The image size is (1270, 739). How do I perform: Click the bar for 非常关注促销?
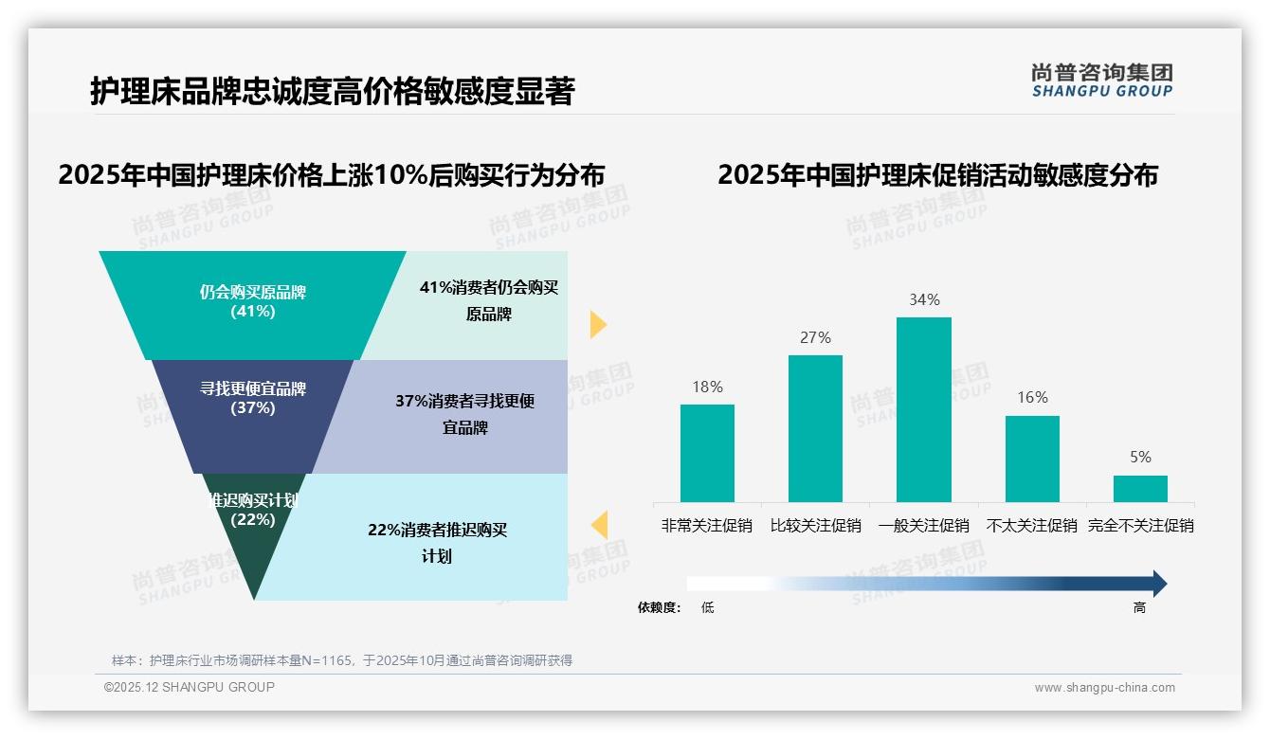click(x=707, y=453)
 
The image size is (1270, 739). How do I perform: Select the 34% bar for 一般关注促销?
click(x=923, y=409)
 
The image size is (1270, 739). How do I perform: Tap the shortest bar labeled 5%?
click(x=1140, y=489)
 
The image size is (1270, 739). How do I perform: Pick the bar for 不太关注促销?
click(x=1032, y=459)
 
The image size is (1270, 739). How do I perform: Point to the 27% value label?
click(x=815, y=337)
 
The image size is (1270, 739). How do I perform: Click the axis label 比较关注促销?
click(x=815, y=525)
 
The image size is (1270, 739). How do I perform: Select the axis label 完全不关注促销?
click(x=1140, y=525)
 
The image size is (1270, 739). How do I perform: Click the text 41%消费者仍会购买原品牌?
click(x=488, y=301)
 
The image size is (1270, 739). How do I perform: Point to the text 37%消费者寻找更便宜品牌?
click(x=464, y=414)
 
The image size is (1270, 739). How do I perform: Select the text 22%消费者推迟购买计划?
click(x=437, y=543)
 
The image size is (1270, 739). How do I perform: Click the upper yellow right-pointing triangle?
click(x=597, y=324)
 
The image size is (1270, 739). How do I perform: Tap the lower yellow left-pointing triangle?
click(x=599, y=525)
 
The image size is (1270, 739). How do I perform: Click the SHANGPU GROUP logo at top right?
click(x=1101, y=81)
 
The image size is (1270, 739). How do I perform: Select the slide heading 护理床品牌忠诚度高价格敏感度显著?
click(x=332, y=92)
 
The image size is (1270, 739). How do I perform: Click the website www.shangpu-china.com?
click(x=1104, y=688)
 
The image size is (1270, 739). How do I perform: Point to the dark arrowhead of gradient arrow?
click(x=1158, y=584)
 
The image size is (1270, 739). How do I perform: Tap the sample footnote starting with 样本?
click(x=341, y=660)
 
